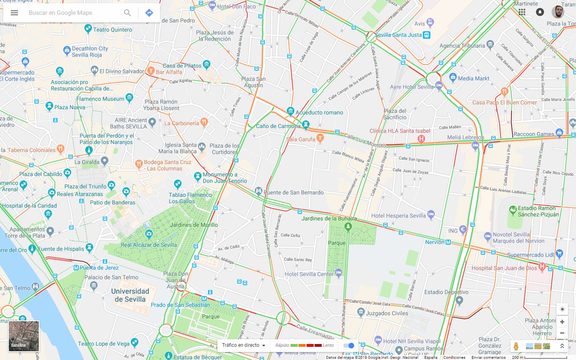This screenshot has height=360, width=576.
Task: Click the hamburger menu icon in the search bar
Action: tap(14, 13)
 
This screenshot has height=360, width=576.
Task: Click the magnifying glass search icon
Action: tap(127, 13)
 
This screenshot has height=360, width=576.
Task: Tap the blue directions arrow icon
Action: tap(149, 13)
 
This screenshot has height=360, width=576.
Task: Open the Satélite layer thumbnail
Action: tap(24, 336)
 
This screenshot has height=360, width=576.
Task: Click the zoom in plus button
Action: tap(562, 322)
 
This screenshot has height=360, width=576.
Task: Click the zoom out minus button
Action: tap(562, 333)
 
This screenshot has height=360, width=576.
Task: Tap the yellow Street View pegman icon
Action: tap(516, 346)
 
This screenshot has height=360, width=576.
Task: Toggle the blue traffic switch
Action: tap(349, 345)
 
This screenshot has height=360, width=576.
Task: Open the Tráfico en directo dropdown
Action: tap(244, 345)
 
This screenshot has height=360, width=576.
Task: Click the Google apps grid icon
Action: tap(522, 12)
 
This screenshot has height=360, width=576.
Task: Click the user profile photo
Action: tap(558, 12)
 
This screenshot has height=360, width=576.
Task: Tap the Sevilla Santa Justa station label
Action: tap(398, 35)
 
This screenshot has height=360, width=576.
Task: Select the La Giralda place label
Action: tap(87, 162)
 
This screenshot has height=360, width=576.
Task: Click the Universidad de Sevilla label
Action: tap(130, 295)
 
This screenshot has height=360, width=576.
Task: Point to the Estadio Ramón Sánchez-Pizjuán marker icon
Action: tap(513, 210)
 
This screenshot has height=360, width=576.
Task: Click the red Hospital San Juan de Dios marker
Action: tap(542, 266)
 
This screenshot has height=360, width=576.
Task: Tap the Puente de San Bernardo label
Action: tap(294, 192)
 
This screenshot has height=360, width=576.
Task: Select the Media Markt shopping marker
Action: tap(453, 77)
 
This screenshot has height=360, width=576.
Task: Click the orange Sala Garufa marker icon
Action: tap(320, 138)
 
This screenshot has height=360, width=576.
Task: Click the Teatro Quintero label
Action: tap(112, 30)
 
